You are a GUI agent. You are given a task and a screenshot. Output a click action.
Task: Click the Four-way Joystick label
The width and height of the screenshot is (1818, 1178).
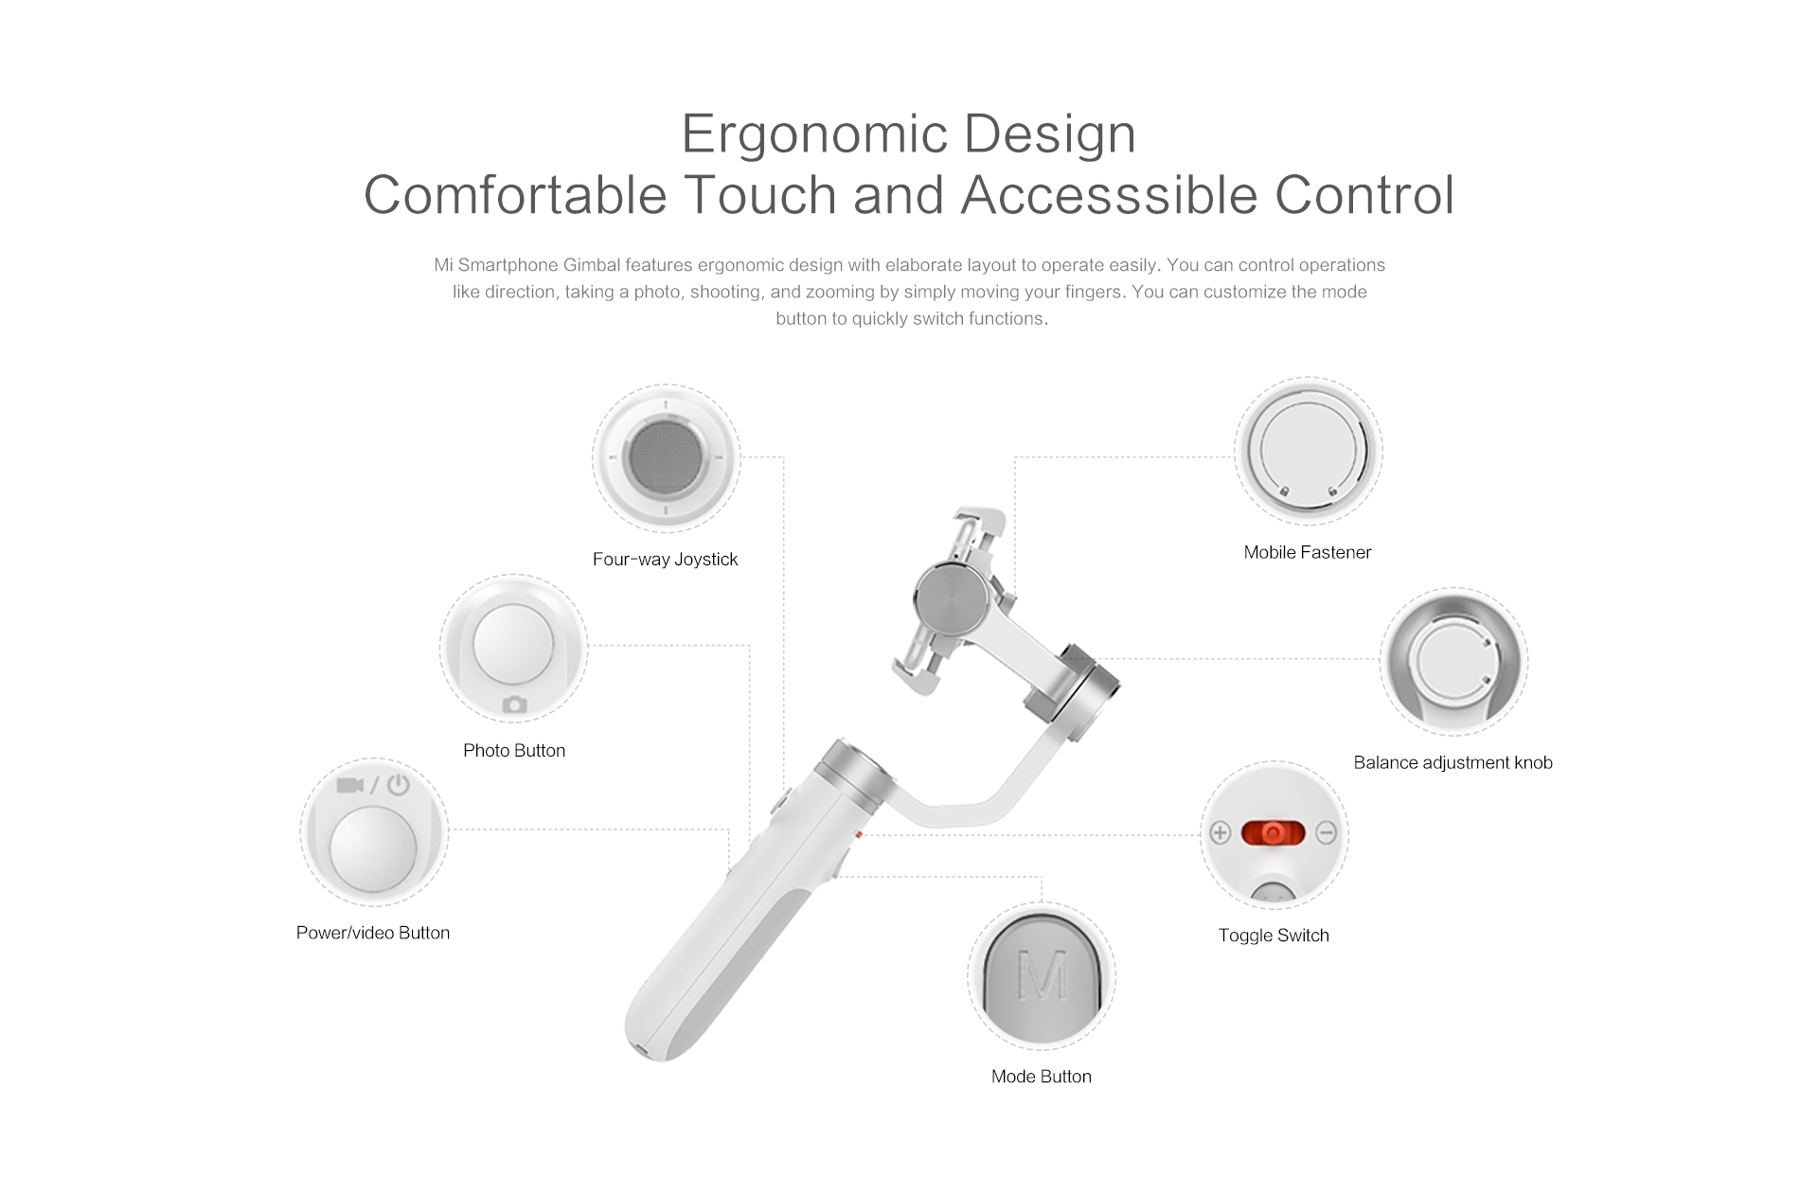[x=665, y=559]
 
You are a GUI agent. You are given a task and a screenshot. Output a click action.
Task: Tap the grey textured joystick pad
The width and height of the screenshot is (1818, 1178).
[x=666, y=457]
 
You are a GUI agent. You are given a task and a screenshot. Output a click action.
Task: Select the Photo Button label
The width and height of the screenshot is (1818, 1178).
[x=514, y=750]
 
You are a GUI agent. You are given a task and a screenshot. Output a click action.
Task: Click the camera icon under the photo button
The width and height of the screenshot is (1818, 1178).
[x=514, y=704]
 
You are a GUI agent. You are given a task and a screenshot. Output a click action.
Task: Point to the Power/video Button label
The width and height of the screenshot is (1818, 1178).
[x=373, y=933]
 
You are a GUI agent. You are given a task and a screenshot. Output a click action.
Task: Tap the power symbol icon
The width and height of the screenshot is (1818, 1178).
[x=398, y=784]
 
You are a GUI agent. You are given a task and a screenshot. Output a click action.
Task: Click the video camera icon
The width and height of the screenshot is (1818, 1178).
[x=350, y=785]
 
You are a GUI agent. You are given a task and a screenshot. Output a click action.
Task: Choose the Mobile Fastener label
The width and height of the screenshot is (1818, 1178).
[x=1308, y=552]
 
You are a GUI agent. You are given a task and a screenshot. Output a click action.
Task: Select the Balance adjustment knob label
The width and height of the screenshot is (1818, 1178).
[x=1453, y=762]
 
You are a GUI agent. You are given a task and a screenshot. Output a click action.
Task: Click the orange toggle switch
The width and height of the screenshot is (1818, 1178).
[x=1274, y=833]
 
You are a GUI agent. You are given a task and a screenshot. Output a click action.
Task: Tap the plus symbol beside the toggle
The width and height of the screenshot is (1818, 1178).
[x=1220, y=833]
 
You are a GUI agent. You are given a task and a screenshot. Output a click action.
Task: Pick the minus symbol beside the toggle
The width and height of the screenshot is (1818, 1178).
[x=1327, y=833]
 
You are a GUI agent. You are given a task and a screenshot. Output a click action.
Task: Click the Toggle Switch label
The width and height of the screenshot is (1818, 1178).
[x=1274, y=936]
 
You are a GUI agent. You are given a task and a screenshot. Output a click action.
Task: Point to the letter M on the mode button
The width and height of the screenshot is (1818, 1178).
[x=1042, y=974]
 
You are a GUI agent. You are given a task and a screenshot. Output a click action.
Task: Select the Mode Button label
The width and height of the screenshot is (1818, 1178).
[x=1041, y=1077]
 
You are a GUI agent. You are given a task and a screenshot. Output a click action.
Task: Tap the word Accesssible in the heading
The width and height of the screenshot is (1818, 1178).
[x=1109, y=195]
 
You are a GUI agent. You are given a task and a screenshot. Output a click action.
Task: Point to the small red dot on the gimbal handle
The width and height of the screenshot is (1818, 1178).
[x=857, y=835]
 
